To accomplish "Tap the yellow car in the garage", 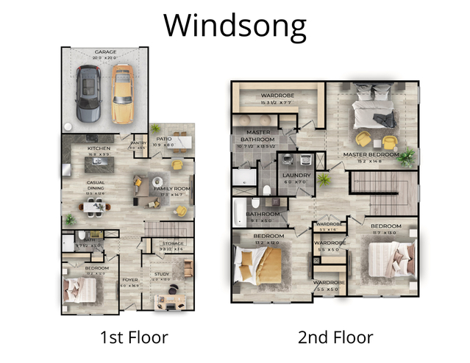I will pyautogui.click(x=122, y=95).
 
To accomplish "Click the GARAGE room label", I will pyautogui.click(x=104, y=53).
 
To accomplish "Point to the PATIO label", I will pyautogui.click(x=164, y=140).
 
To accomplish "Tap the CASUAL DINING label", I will pyautogui.click(x=96, y=186).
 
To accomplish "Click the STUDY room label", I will pyautogui.click(x=161, y=274).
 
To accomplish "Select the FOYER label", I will pyautogui.click(x=129, y=280).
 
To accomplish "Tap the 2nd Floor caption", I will pyautogui.click(x=335, y=338).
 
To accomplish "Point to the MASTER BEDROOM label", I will pyautogui.click(x=366, y=154).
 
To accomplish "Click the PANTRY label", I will pyautogui.click(x=138, y=144).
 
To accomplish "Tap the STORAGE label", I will pyautogui.click(x=173, y=243).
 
